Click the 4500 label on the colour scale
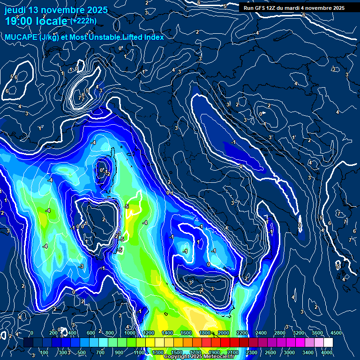(x=336, y=333)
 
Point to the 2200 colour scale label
(x=242, y=333)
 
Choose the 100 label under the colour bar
(x=45, y=352)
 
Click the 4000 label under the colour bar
(x=327, y=352)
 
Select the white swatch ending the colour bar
(x=341, y=343)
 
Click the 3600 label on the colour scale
(x=317, y=333)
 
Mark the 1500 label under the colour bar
(x=176, y=352)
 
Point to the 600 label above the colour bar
(x=91, y=333)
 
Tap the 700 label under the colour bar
(x=100, y=352)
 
